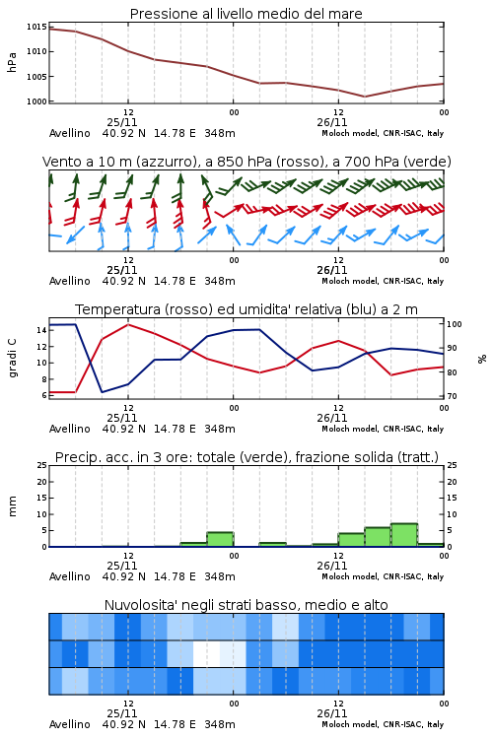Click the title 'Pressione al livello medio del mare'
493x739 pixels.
pos(246,14)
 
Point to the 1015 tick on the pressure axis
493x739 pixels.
pos(36,27)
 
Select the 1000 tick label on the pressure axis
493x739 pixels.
pos(36,101)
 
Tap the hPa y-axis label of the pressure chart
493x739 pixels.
pos(12,62)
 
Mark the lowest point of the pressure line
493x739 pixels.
pos(364,97)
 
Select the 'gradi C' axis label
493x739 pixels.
pos(12,358)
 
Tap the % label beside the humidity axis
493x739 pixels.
pos(482,359)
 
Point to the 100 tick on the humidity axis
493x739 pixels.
pos(455,324)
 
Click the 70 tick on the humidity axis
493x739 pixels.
pos(452,396)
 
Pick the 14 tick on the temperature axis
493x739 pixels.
pos(41,330)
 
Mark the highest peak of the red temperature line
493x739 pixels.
pos(128,324)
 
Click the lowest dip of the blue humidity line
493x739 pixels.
pos(102,392)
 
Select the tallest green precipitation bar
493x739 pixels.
pos(404,535)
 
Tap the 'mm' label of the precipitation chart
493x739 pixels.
pos(12,505)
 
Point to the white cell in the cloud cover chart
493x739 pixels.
pos(207,653)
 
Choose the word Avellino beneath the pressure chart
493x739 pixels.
pos(69,133)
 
